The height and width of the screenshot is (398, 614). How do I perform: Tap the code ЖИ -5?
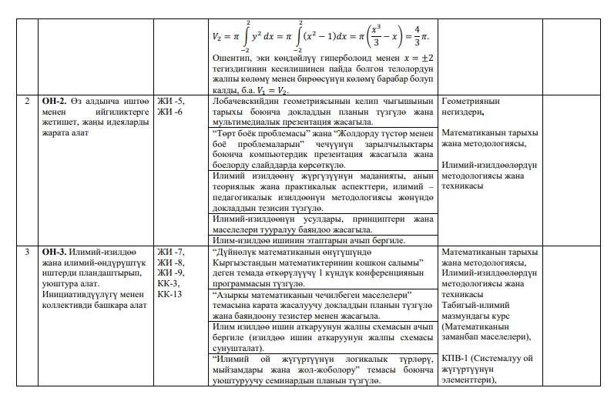pyautogui.click(x=170, y=101)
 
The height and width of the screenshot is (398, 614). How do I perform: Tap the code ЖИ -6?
pyautogui.click(x=169, y=112)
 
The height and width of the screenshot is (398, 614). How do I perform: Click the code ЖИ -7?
pyautogui.click(x=170, y=252)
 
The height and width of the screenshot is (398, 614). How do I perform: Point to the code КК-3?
pyautogui.click(x=168, y=283)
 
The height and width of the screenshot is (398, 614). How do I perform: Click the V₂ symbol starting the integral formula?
pyautogui.click(x=216, y=36)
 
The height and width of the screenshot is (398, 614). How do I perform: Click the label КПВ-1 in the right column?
pyautogui.click(x=456, y=358)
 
